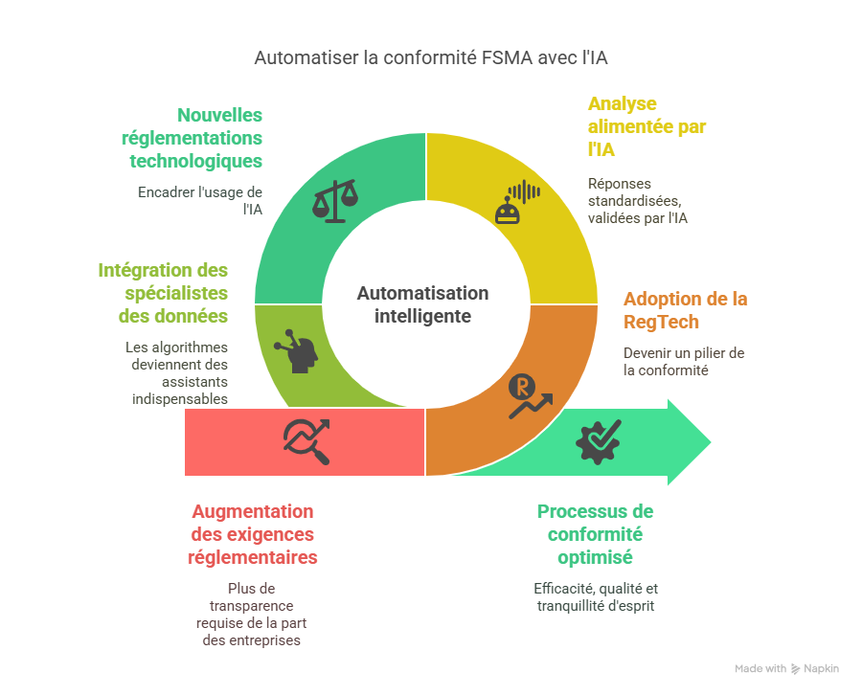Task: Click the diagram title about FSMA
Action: tap(430, 57)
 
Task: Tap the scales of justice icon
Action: tap(335, 200)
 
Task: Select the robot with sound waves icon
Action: tap(517, 202)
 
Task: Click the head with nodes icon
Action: tap(296, 351)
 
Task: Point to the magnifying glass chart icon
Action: tap(306, 441)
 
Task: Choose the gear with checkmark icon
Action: tap(599, 441)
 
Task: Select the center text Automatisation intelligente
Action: tap(422, 304)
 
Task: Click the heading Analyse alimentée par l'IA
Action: tap(646, 126)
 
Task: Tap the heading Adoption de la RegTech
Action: tap(685, 310)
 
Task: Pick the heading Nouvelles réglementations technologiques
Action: tap(192, 138)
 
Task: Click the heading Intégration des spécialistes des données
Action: tap(163, 293)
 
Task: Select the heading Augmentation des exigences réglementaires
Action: tap(252, 534)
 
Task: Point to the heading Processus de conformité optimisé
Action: tap(596, 534)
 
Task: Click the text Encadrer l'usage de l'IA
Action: tap(200, 200)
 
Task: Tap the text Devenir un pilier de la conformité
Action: tap(684, 362)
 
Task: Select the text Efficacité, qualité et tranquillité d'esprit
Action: tap(596, 597)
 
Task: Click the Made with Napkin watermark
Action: tap(786, 668)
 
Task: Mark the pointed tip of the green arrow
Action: tap(711, 441)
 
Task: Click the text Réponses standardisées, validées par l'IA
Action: tap(638, 200)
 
